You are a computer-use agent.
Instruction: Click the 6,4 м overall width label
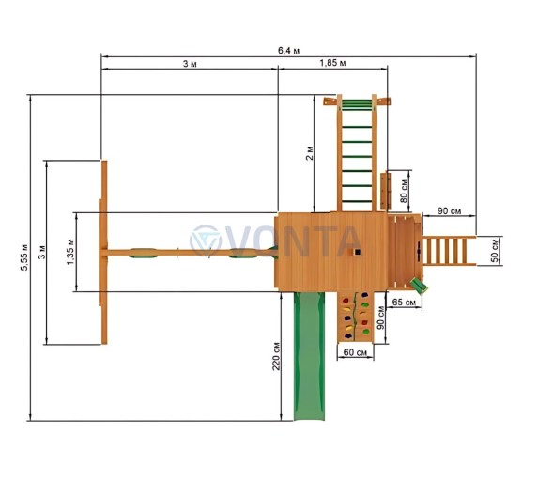click(x=288, y=51)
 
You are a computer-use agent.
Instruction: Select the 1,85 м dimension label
click(x=332, y=63)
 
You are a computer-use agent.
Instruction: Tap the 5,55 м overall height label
click(x=24, y=257)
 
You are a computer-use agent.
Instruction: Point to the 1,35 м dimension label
click(x=70, y=252)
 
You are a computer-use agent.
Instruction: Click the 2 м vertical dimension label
click(x=309, y=153)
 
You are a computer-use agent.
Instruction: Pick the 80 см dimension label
click(x=404, y=191)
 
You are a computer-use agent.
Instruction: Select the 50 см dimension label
click(x=495, y=251)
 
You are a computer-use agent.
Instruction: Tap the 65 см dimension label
click(x=404, y=303)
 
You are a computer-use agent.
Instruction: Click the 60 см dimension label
click(x=355, y=352)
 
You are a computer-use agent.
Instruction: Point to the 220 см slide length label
click(x=276, y=356)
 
